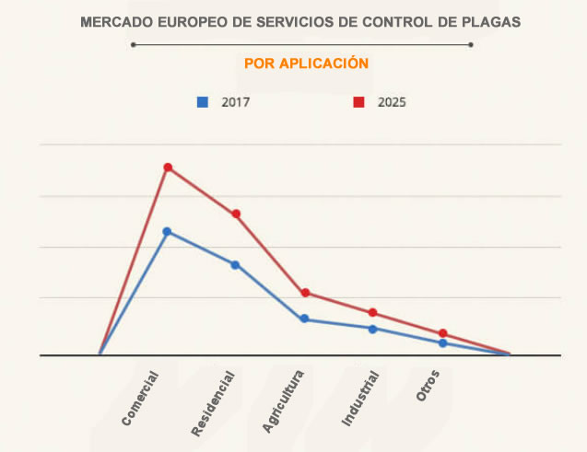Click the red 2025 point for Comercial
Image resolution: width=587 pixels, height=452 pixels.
pyautogui.click(x=168, y=168)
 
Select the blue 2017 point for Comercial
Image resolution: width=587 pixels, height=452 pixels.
pyautogui.click(x=167, y=231)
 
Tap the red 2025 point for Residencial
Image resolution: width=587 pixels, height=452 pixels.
pyautogui.click(x=236, y=214)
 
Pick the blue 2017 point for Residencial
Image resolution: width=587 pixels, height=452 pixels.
pyautogui.click(x=235, y=265)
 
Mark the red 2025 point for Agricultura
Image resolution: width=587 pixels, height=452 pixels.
pyautogui.click(x=305, y=293)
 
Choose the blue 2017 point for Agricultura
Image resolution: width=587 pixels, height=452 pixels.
pyautogui.click(x=304, y=319)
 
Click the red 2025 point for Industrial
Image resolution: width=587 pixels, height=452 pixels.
pyautogui.click(x=373, y=313)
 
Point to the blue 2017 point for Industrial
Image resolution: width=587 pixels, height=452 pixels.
pyautogui.click(x=373, y=329)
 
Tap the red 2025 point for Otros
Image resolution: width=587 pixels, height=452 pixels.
pyautogui.click(x=443, y=333)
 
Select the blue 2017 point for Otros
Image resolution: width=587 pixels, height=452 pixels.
pyautogui.click(x=443, y=343)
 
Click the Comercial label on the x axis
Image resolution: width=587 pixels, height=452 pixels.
pyautogui.click(x=140, y=399)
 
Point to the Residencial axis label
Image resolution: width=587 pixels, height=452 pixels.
pyautogui.click(x=213, y=403)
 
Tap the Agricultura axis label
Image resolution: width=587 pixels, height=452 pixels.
pyautogui.click(x=282, y=402)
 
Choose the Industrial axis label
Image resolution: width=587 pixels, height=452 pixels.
pyautogui.click(x=360, y=398)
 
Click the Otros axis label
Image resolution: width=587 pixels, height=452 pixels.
pyautogui.click(x=428, y=386)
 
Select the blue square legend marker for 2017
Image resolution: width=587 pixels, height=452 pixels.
pyautogui.click(x=203, y=102)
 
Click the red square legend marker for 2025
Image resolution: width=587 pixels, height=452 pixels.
pyautogui.click(x=358, y=102)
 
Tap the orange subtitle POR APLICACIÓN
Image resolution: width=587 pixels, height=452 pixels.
pyautogui.click(x=307, y=64)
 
